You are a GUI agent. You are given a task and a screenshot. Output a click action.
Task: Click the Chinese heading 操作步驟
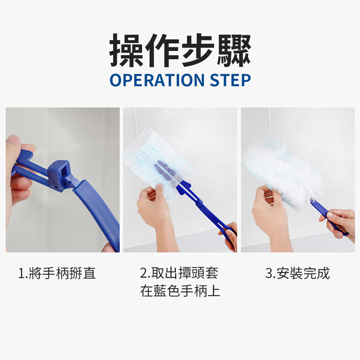(180, 50)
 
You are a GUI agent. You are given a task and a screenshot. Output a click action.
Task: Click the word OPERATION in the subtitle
(157, 80)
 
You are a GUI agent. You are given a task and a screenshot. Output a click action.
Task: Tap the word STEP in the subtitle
(230, 80)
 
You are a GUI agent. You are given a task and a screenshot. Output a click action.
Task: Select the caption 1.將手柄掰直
(57, 273)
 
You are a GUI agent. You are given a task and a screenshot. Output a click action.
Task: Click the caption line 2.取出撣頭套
(179, 273)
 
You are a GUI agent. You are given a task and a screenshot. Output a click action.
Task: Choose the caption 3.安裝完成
(297, 273)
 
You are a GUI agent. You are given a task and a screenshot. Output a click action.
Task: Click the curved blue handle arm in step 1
(101, 211)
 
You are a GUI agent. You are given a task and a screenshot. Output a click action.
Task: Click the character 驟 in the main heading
(234, 50)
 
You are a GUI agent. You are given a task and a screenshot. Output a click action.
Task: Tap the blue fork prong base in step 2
(184, 188)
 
